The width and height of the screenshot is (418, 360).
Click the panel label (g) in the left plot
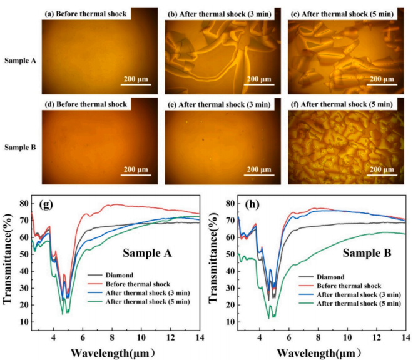(46, 205)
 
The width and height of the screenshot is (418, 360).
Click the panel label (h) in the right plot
(252, 205)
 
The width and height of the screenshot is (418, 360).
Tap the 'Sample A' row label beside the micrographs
(20, 61)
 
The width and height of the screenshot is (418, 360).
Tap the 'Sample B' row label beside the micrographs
(20, 147)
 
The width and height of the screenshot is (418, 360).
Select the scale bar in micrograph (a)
(136, 84)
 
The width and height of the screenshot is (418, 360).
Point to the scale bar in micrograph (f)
(382, 175)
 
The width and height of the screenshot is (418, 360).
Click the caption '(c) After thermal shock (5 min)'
(342, 14)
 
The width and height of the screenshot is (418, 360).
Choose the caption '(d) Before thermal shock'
(86, 104)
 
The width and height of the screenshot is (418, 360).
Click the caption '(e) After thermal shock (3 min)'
(219, 104)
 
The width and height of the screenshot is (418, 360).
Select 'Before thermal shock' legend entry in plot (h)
(340, 286)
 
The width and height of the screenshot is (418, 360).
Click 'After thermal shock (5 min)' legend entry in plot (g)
(139, 302)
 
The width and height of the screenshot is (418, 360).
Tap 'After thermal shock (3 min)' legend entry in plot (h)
(350, 295)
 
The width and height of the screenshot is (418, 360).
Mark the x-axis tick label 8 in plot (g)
(112, 337)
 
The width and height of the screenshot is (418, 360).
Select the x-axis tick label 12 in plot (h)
(377, 337)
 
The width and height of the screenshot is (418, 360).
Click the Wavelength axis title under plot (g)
(113, 353)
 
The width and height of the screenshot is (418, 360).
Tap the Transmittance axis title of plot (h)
(213, 258)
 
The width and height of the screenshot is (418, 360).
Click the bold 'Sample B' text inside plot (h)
(367, 253)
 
